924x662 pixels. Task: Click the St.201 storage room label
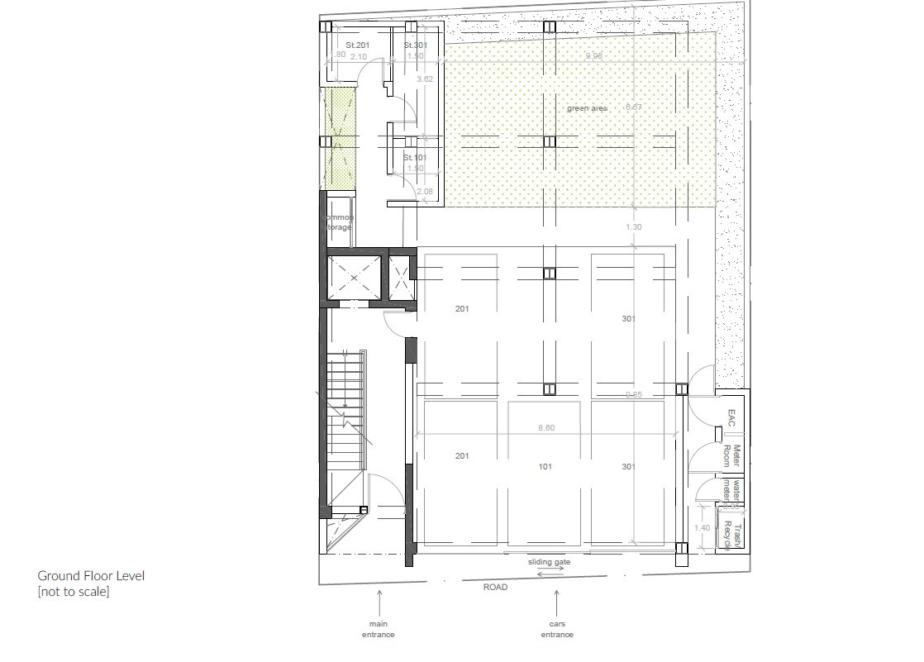[x=358, y=45]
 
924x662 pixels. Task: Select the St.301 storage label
[x=416, y=45]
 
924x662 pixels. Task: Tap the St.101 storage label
[x=415, y=157]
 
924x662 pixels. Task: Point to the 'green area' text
[x=587, y=108]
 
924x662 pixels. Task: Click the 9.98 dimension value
[x=593, y=56]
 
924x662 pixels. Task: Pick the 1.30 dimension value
[x=634, y=227]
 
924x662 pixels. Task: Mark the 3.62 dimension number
[x=425, y=79]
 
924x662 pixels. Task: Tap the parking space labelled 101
[x=545, y=467]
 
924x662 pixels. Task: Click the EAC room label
[x=731, y=417]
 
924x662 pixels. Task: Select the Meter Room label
[x=731, y=456]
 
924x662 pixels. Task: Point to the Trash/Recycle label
[x=733, y=536]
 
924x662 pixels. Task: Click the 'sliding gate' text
[x=550, y=562]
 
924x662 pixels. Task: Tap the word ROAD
[x=496, y=587]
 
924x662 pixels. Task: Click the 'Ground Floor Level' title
[x=91, y=575]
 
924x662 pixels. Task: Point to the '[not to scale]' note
[x=74, y=592]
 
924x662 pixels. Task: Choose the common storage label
[x=338, y=222]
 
